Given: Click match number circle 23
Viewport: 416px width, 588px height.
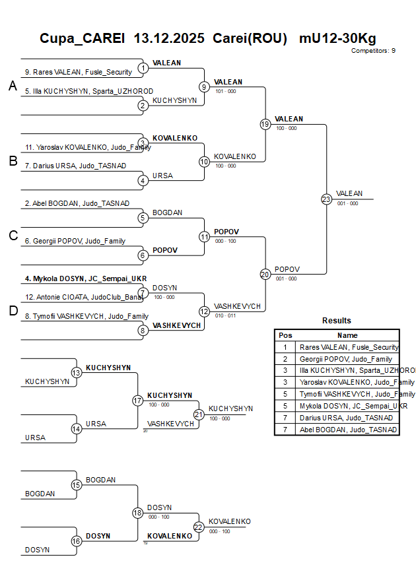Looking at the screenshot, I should click(x=326, y=199).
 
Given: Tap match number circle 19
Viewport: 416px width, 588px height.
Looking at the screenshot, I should click(x=265, y=124).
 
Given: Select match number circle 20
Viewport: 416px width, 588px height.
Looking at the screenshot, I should click(x=265, y=275).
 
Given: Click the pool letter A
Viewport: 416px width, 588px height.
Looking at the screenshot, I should click(x=13, y=86).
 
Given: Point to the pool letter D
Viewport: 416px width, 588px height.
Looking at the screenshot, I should click(x=13, y=311).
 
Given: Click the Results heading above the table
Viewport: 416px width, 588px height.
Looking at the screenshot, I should click(x=337, y=321).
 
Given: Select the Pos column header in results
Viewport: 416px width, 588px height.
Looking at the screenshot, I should click(x=285, y=335).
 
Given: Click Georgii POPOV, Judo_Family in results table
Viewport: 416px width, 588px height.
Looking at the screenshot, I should click(x=346, y=359).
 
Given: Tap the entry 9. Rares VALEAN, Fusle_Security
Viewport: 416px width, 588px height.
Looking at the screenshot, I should click(x=79, y=72).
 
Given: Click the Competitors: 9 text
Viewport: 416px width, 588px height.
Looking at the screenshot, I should click(x=373, y=51).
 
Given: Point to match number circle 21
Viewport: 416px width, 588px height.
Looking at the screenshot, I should click(x=199, y=414).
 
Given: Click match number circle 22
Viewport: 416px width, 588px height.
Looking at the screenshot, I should click(x=199, y=527).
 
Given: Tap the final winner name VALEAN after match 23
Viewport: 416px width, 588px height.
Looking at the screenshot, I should click(x=349, y=193).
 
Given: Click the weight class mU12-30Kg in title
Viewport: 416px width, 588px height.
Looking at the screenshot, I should click(x=337, y=38).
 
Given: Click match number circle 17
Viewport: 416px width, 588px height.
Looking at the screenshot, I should click(x=138, y=401).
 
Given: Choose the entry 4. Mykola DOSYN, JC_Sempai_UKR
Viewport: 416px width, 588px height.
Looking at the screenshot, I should click(x=77, y=278).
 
